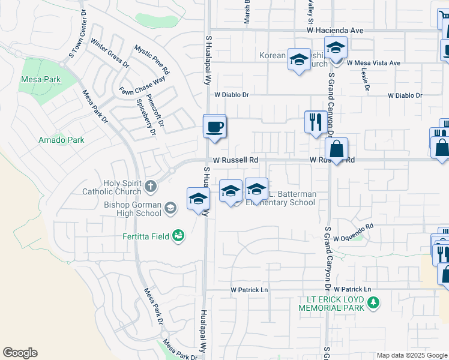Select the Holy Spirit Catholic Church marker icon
pyautogui.click(x=150, y=187)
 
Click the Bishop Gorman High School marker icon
pyautogui.click(x=170, y=208)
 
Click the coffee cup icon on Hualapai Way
pyautogui.click(x=215, y=127)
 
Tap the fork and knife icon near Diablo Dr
pyautogui.click(x=315, y=122)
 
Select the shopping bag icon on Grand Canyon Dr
pyautogui.click(x=337, y=149)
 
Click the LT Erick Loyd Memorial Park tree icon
pyautogui.click(x=374, y=302)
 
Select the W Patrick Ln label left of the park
pyautogui.click(x=249, y=290)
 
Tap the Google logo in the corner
pyautogui.click(x=20, y=353)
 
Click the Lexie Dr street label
pyautogui.click(x=365, y=79)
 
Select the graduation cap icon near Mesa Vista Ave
pyautogui.click(x=336, y=47)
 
